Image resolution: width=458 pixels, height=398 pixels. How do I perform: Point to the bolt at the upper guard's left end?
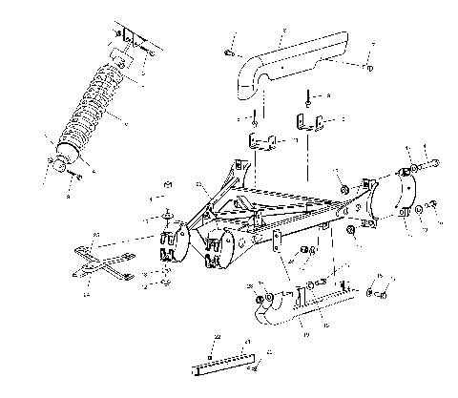tap(230, 53)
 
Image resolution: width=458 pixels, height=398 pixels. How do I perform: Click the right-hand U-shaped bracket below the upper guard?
tap(307, 125)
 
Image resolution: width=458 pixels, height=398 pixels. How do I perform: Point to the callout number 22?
tap(217, 337)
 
